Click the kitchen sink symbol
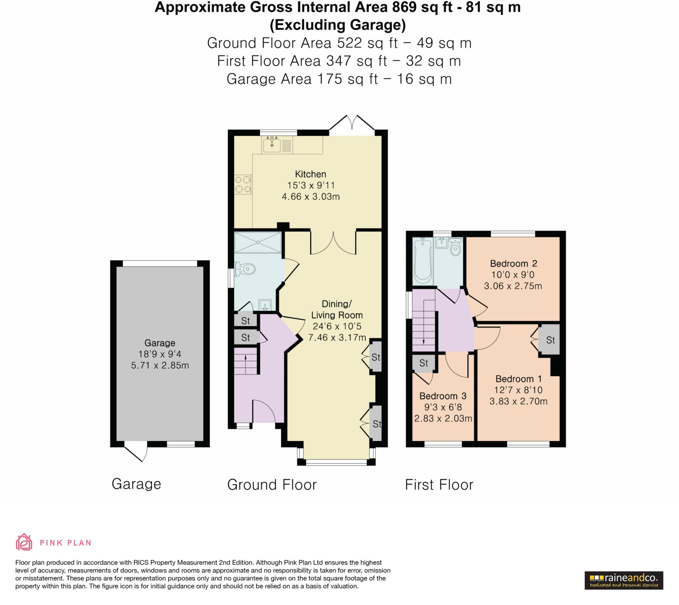click(x=272, y=145)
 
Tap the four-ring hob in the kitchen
click(x=243, y=185)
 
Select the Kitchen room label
click(x=311, y=174)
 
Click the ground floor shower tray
click(x=258, y=243)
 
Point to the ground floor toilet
click(x=245, y=269)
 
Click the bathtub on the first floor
click(x=422, y=262)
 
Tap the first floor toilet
click(x=456, y=246)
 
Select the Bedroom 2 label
click(x=514, y=264)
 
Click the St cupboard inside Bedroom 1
click(x=550, y=340)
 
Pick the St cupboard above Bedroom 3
click(x=423, y=363)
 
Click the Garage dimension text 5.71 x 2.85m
click(x=160, y=366)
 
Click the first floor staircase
click(x=423, y=326)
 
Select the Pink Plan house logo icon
click(x=24, y=543)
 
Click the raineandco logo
click(x=624, y=580)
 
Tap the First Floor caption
click(x=439, y=485)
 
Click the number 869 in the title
click(x=404, y=7)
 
